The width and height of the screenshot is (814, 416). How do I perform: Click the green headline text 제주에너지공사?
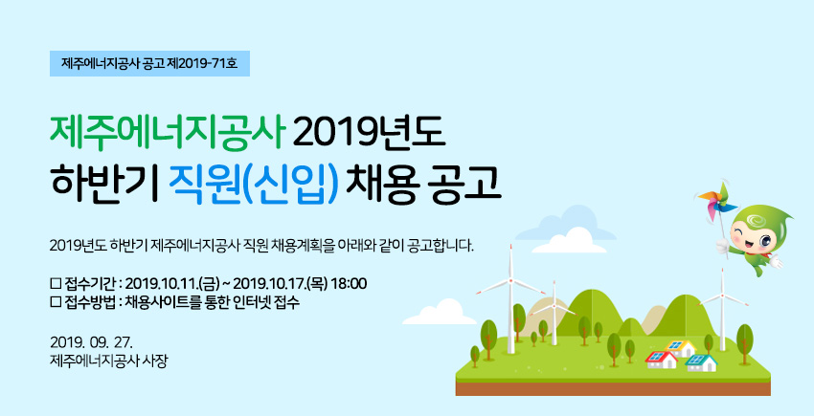pos(169,134)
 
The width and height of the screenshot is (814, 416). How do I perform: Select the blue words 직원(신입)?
pos(254,184)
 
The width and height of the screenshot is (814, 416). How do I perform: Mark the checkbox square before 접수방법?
pos(56,302)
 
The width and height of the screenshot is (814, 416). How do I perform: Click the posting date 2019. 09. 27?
pos(92,342)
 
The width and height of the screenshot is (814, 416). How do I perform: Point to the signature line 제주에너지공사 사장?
pos(109,360)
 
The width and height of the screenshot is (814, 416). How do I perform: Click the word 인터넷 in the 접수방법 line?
pos(248,302)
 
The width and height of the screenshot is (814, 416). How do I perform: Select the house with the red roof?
pos(662,360)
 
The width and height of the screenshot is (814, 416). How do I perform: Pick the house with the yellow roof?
pos(681,347)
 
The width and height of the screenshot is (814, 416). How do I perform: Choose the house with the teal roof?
pos(701,362)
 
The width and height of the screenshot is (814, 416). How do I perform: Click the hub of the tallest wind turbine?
pos(510,279)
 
